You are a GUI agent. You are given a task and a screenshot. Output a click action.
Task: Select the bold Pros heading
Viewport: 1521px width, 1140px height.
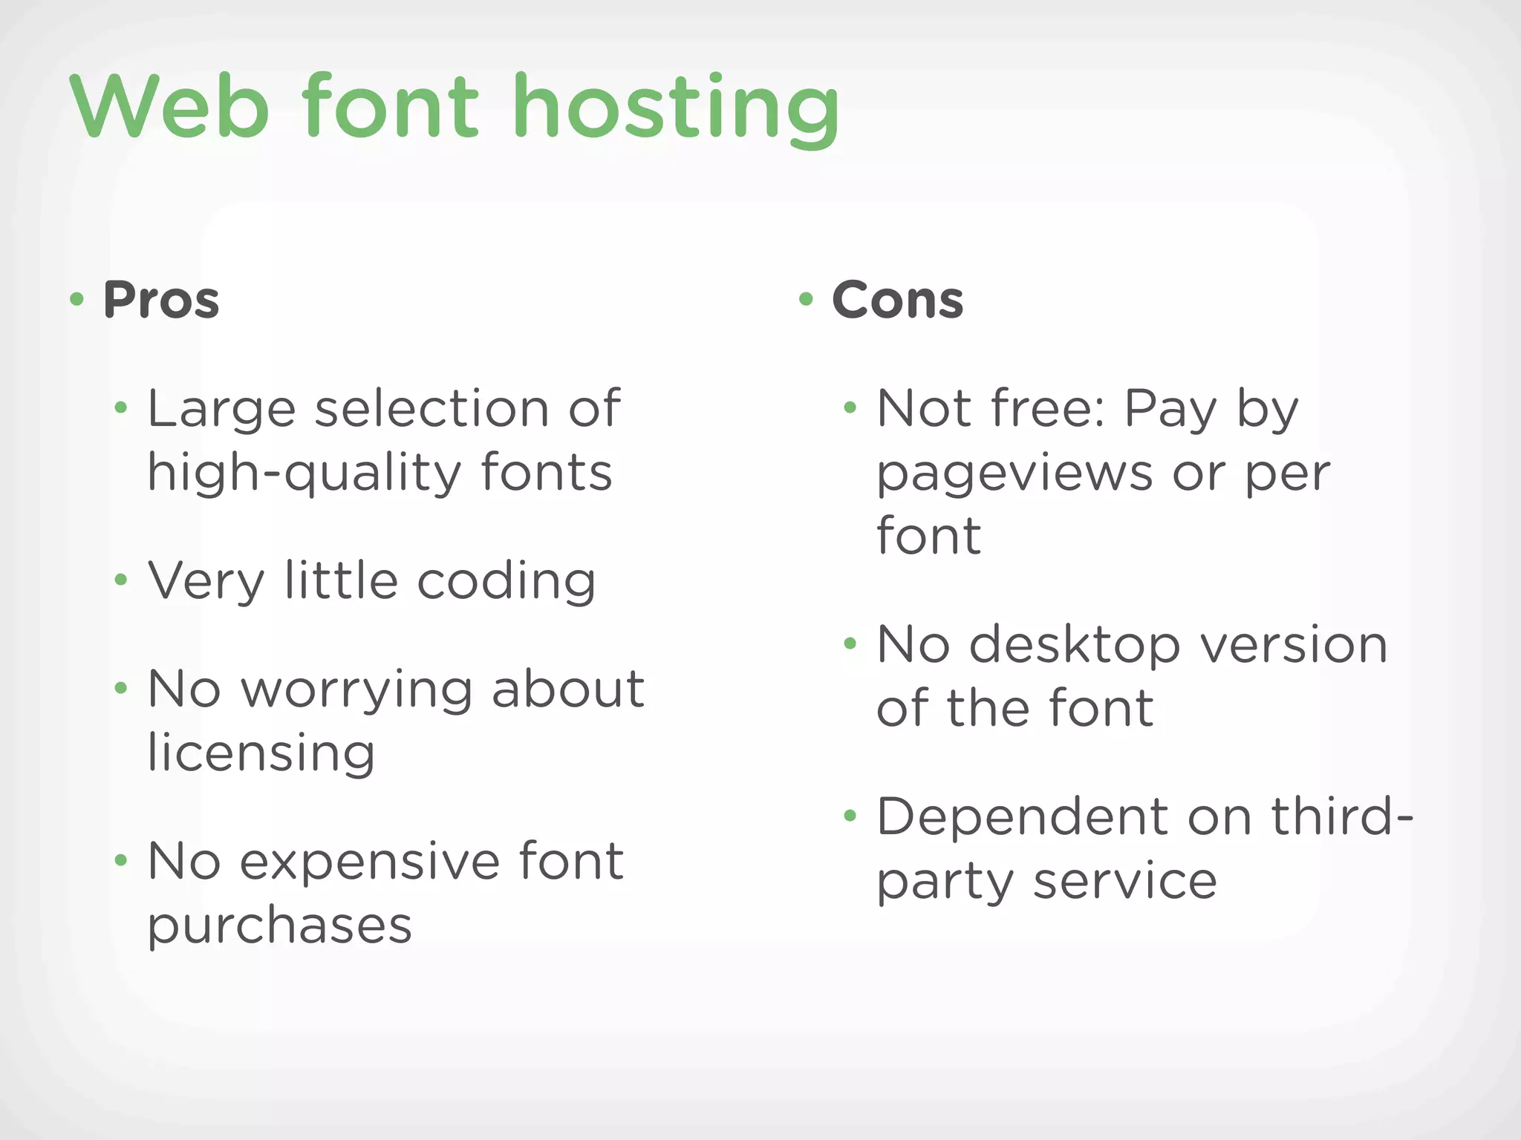(x=161, y=300)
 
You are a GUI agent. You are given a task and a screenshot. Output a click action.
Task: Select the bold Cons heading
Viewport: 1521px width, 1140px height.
(x=897, y=300)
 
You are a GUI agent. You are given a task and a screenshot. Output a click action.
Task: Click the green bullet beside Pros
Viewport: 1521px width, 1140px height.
(x=76, y=299)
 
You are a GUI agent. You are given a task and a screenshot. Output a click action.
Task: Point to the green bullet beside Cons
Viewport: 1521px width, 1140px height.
(x=806, y=299)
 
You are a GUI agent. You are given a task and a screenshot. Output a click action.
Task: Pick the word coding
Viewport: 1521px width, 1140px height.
(x=507, y=582)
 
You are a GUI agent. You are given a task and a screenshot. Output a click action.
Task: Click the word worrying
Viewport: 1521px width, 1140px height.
(x=356, y=690)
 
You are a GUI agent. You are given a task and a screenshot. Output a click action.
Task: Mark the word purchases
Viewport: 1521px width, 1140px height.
(x=279, y=926)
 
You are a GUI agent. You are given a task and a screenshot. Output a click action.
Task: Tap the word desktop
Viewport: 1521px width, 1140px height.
(x=1075, y=646)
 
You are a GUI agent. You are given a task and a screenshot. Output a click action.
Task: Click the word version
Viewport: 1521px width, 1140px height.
(x=1294, y=646)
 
